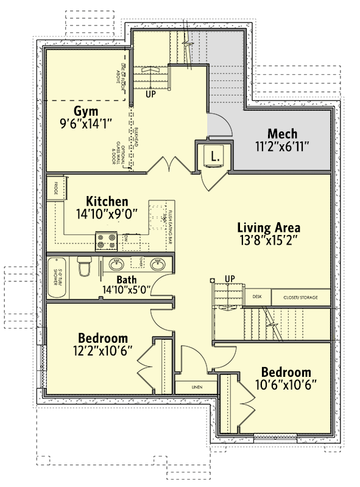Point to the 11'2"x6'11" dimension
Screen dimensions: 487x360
tap(282, 147)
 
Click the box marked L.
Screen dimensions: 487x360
tap(214, 155)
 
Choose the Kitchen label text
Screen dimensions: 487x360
tap(107, 201)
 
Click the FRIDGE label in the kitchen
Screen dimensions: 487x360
tap(55, 186)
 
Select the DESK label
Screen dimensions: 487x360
tap(257, 297)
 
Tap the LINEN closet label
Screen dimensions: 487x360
tap(196, 387)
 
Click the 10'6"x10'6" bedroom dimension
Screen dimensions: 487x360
tap(286, 385)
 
